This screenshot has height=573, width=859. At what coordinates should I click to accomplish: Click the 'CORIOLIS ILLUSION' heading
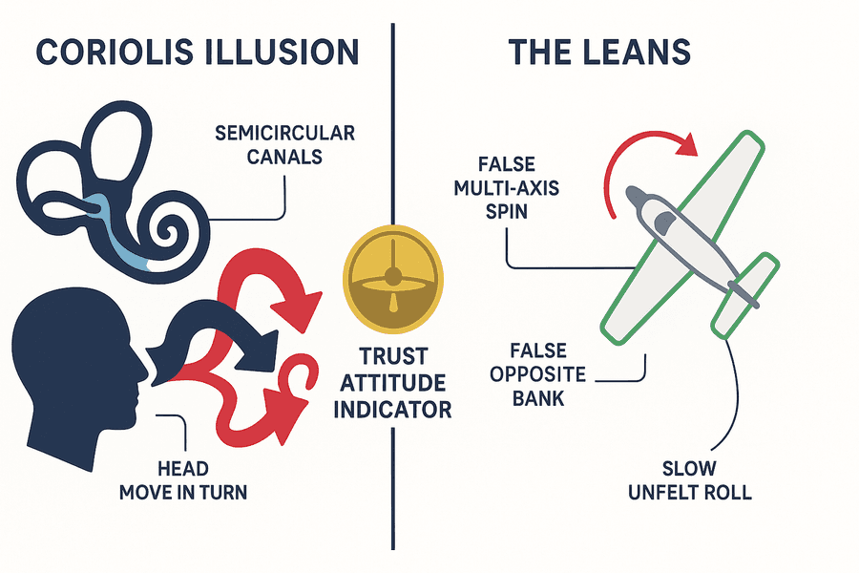coord(198,53)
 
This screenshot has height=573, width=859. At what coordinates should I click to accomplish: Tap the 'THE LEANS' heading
coord(599,53)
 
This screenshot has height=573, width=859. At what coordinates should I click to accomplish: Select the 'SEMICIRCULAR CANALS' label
coord(284,145)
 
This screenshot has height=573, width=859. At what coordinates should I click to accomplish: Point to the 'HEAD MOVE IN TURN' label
coord(183,480)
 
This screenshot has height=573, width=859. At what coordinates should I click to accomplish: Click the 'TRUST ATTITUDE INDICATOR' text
coord(393,383)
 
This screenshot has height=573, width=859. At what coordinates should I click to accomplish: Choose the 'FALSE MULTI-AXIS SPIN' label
coord(507,187)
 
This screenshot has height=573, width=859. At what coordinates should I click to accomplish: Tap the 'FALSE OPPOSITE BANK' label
coord(538,374)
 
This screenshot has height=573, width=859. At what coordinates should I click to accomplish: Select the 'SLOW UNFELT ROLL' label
coord(690,480)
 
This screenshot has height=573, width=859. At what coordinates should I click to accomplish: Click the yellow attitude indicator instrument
coord(393,280)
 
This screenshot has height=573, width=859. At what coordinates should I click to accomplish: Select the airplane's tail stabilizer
coord(745,295)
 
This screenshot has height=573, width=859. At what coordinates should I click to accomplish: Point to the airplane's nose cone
coord(636,196)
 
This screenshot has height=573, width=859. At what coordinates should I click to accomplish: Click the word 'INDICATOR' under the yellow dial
coord(393,410)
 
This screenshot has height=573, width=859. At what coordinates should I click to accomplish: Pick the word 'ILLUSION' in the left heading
coord(281,53)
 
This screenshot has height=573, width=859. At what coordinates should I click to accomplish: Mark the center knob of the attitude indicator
coord(393,277)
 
